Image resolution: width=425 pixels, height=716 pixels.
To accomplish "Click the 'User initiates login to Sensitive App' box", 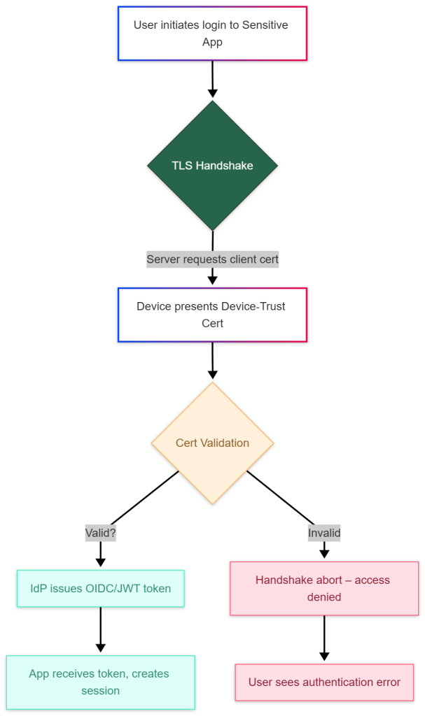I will pos(212,34).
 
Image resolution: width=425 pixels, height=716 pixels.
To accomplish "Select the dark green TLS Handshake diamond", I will pos(212,166).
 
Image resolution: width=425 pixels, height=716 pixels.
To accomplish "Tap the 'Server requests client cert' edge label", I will pos(212,259).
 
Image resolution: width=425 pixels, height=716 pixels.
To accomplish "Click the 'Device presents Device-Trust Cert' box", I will pos(212,315).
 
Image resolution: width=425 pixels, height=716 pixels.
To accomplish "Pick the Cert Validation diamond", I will pos(212,443).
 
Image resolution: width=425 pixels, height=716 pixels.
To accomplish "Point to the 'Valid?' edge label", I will pos(100,533).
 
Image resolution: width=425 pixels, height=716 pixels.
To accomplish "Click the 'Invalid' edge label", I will pos(324,533).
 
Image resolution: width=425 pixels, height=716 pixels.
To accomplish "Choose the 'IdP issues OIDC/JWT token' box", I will pos(100,588).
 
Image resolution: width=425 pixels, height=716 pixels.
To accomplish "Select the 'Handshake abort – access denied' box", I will pos(324,588).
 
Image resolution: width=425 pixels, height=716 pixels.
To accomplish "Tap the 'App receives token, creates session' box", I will pos(100,682).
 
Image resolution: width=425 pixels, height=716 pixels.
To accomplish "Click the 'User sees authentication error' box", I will pos(324,682).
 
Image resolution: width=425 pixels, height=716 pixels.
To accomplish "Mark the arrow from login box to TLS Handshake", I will pos(212,78).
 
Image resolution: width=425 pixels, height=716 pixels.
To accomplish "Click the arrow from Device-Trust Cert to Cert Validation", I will pos(212,360).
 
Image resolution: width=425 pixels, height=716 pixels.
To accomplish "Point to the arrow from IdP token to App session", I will pos(100,629).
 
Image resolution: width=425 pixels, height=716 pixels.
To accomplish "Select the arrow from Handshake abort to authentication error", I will pos(324,638).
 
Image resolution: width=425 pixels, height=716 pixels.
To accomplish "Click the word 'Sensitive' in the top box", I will pos(265,25).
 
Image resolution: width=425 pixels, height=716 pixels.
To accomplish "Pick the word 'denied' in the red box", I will pos(324,597).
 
